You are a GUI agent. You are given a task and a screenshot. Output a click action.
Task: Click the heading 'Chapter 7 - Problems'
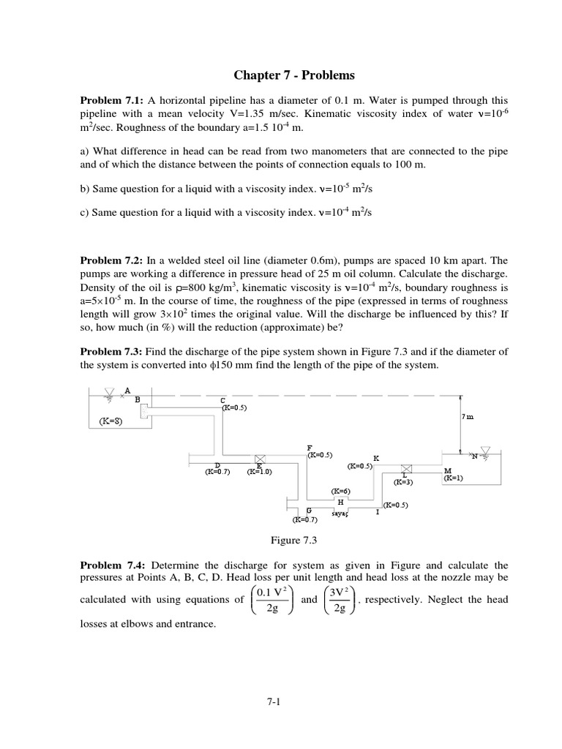coord(293,75)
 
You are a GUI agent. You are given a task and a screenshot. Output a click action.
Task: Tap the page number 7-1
coord(274,702)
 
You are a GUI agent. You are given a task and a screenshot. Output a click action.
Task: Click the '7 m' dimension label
coord(468,416)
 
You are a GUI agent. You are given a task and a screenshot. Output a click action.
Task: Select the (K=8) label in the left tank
coord(112,421)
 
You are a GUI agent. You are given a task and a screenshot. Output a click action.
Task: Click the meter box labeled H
coord(340,503)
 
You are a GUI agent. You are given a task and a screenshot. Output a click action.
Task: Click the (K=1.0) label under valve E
coord(259,472)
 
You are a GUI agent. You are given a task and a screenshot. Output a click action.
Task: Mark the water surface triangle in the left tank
coord(109,394)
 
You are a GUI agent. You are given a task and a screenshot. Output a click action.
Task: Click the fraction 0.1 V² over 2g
coord(274,600)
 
